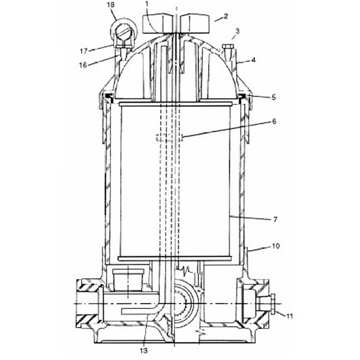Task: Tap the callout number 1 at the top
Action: click(146, 4)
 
